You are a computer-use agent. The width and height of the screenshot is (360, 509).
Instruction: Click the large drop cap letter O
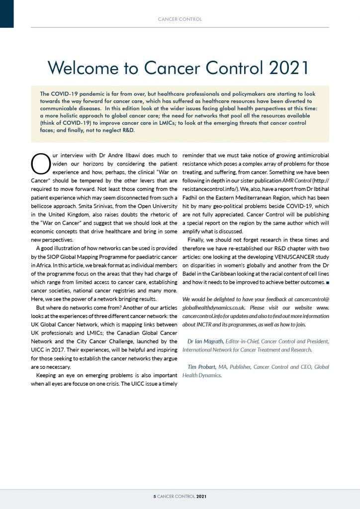(38, 163)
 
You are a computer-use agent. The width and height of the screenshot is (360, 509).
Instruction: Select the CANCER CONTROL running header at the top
(180, 19)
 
